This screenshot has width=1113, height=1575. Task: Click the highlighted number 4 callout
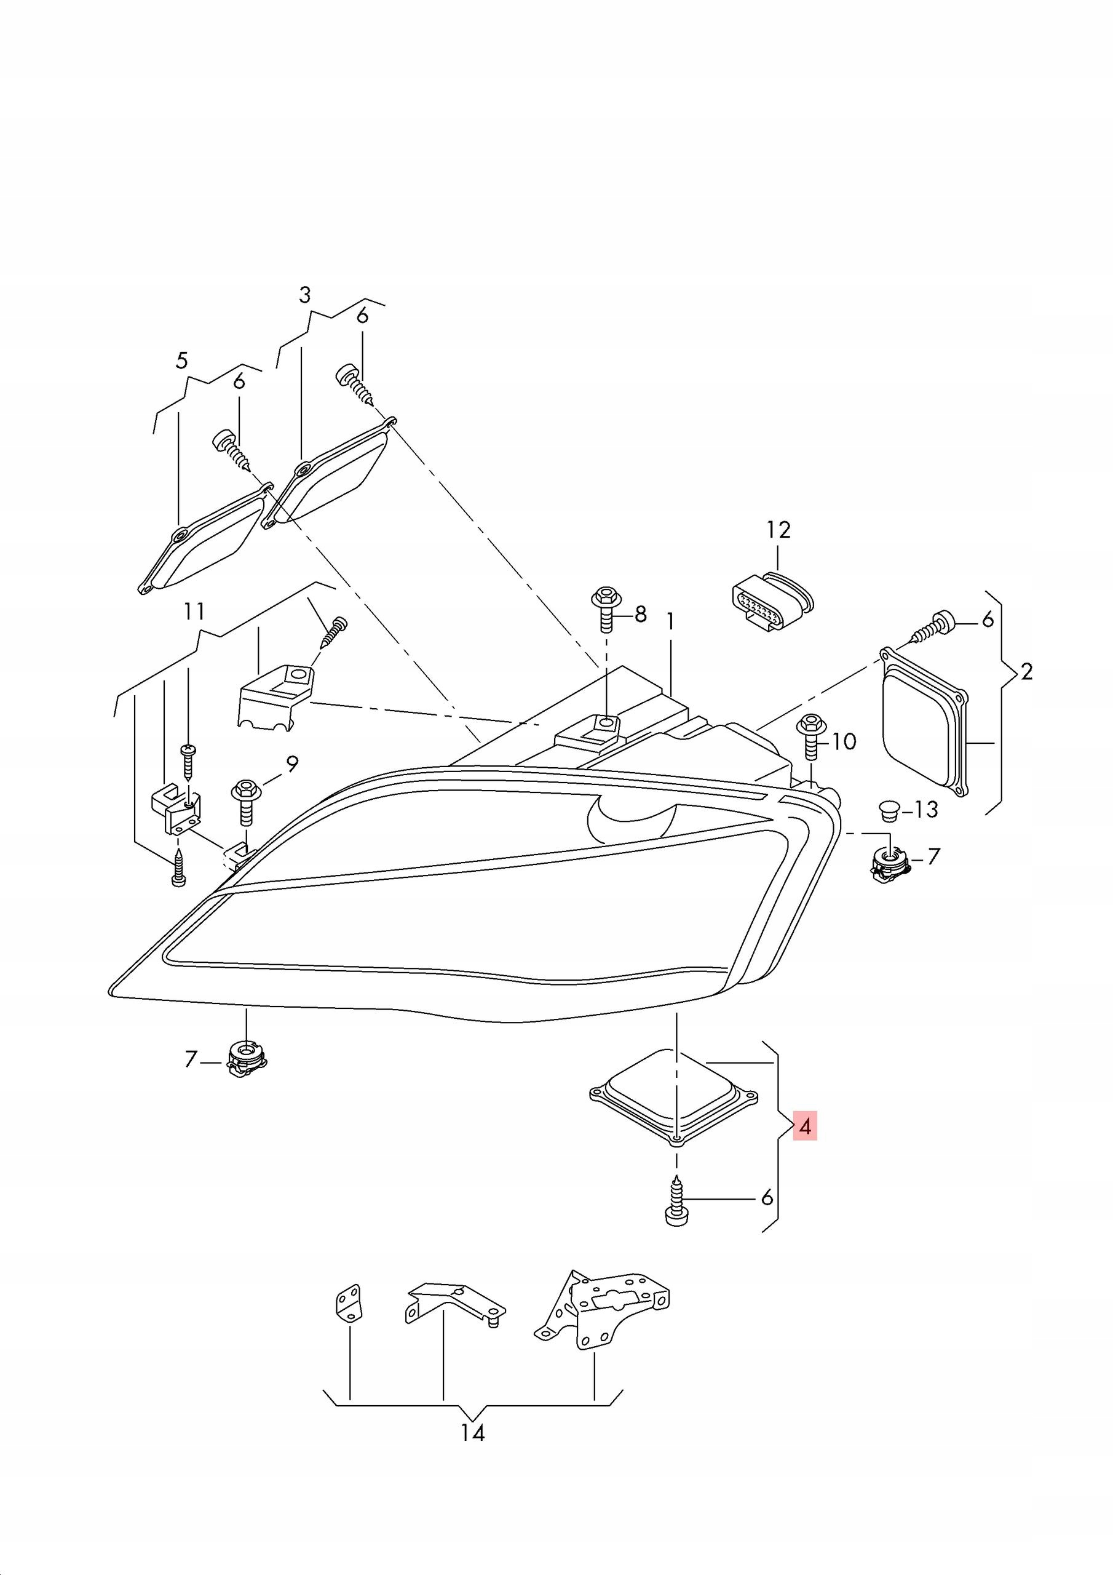click(x=805, y=1126)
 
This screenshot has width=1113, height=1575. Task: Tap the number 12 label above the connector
click(x=778, y=530)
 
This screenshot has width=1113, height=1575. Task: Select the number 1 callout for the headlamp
click(x=670, y=621)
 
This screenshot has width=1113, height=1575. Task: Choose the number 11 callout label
click(x=194, y=610)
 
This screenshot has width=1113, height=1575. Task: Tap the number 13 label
click(x=926, y=810)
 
